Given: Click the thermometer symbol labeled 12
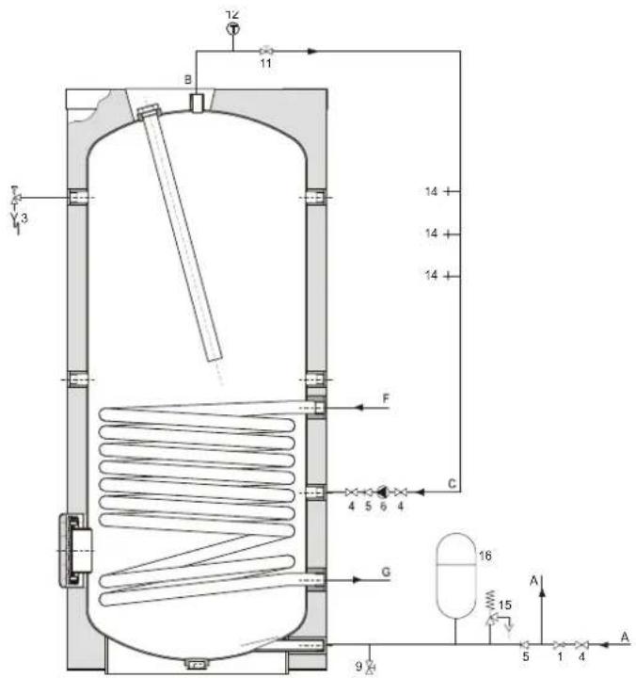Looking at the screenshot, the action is coord(233,29).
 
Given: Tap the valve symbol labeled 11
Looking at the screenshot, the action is coord(265,51).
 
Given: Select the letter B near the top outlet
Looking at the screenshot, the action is coord(188,79).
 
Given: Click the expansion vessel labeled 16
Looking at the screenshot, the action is coord(455,575).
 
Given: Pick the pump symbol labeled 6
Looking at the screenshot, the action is coord(382,492).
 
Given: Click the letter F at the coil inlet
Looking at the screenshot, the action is coord(386,398).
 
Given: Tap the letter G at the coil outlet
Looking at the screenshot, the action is coord(386,572).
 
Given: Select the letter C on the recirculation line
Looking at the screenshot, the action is coord(452,483).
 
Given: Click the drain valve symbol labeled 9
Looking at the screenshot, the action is coord(370,667).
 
